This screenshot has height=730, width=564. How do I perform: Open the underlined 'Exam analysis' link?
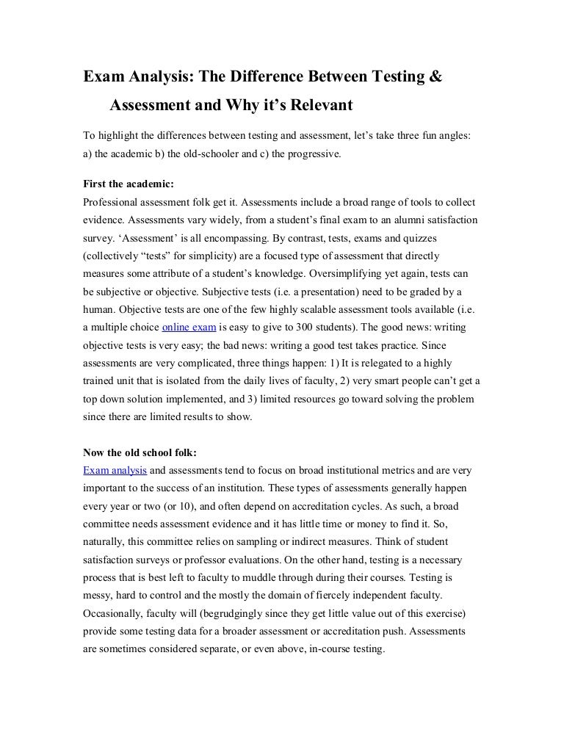pyautogui.click(x=116, y=469)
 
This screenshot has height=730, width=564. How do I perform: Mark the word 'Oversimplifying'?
pyautogui.click(x=333, y=272)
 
